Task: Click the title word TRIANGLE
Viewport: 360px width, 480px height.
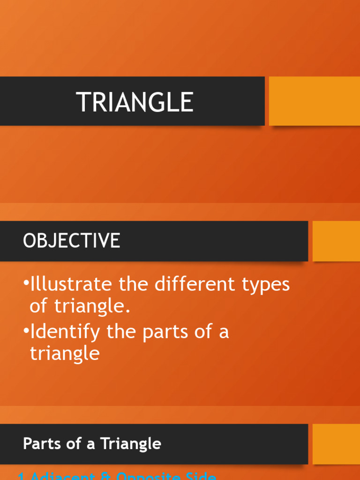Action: click(135, 102)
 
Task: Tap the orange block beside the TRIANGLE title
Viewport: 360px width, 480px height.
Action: click(315, 101)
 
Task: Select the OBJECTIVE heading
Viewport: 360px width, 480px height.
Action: click(71, 241)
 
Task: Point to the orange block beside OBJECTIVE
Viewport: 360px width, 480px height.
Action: click(336, 241)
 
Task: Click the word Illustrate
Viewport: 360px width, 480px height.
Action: click(71, 285)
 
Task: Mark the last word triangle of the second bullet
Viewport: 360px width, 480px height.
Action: click(65, 353)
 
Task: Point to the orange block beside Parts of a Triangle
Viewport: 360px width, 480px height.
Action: click(336, 444)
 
